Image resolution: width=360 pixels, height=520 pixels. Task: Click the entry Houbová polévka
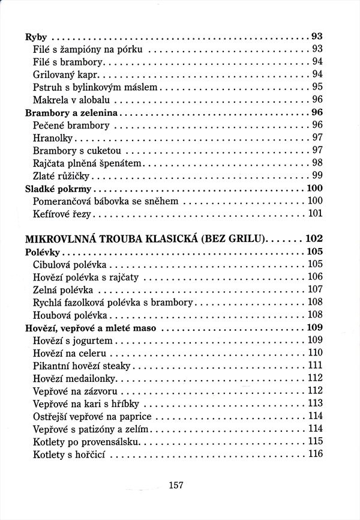coord(70,314)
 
